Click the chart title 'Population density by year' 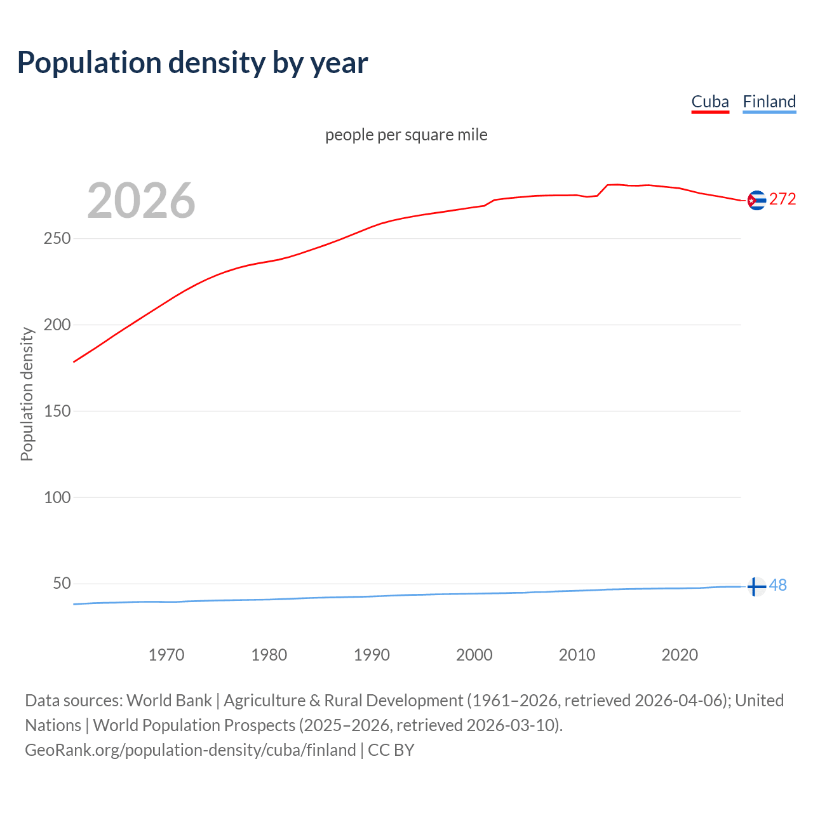(192, 63)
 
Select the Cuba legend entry (710, 102)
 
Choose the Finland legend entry (769, 102)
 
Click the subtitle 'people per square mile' (406, 135)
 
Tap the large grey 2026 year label (141, 201)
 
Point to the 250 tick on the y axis (57, 239)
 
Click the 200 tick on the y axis (57, 325)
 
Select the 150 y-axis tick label (57, 411)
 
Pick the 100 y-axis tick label (57, 497)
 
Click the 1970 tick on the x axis (166, 655)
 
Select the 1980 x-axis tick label (269, 655)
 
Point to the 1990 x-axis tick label (372, 655)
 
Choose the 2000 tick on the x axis (474, 655)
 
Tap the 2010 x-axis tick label (577, 655)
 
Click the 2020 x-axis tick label (680, 655)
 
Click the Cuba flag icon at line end (756, 200)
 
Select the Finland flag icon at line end (755, 587)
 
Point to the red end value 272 (783, 199)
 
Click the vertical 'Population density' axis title (27, 394)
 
